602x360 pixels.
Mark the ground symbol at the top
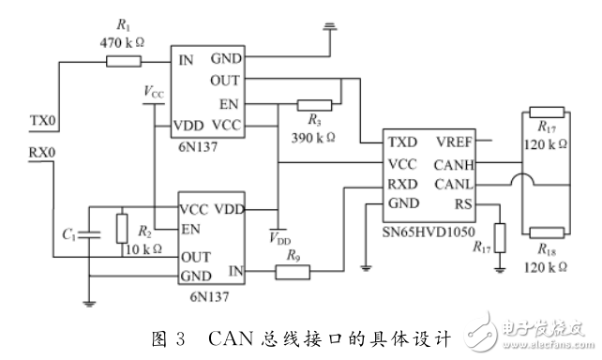tap(330, 28)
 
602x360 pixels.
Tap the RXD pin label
tap(402, 183)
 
